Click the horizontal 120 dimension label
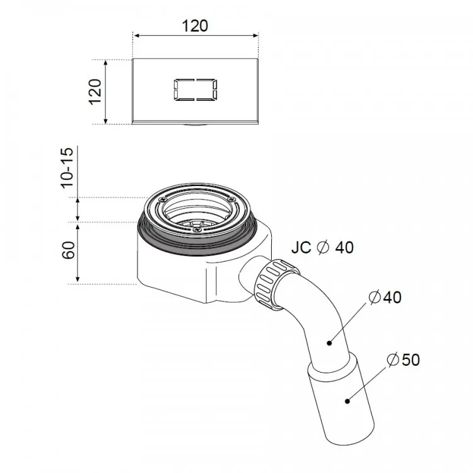195,26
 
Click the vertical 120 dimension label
95,91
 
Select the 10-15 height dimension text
67,168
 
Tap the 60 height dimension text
69,250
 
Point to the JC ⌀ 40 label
322,248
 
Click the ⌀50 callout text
403,359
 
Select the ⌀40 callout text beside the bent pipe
385,298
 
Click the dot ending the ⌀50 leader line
347,401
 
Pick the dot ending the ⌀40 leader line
329,343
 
